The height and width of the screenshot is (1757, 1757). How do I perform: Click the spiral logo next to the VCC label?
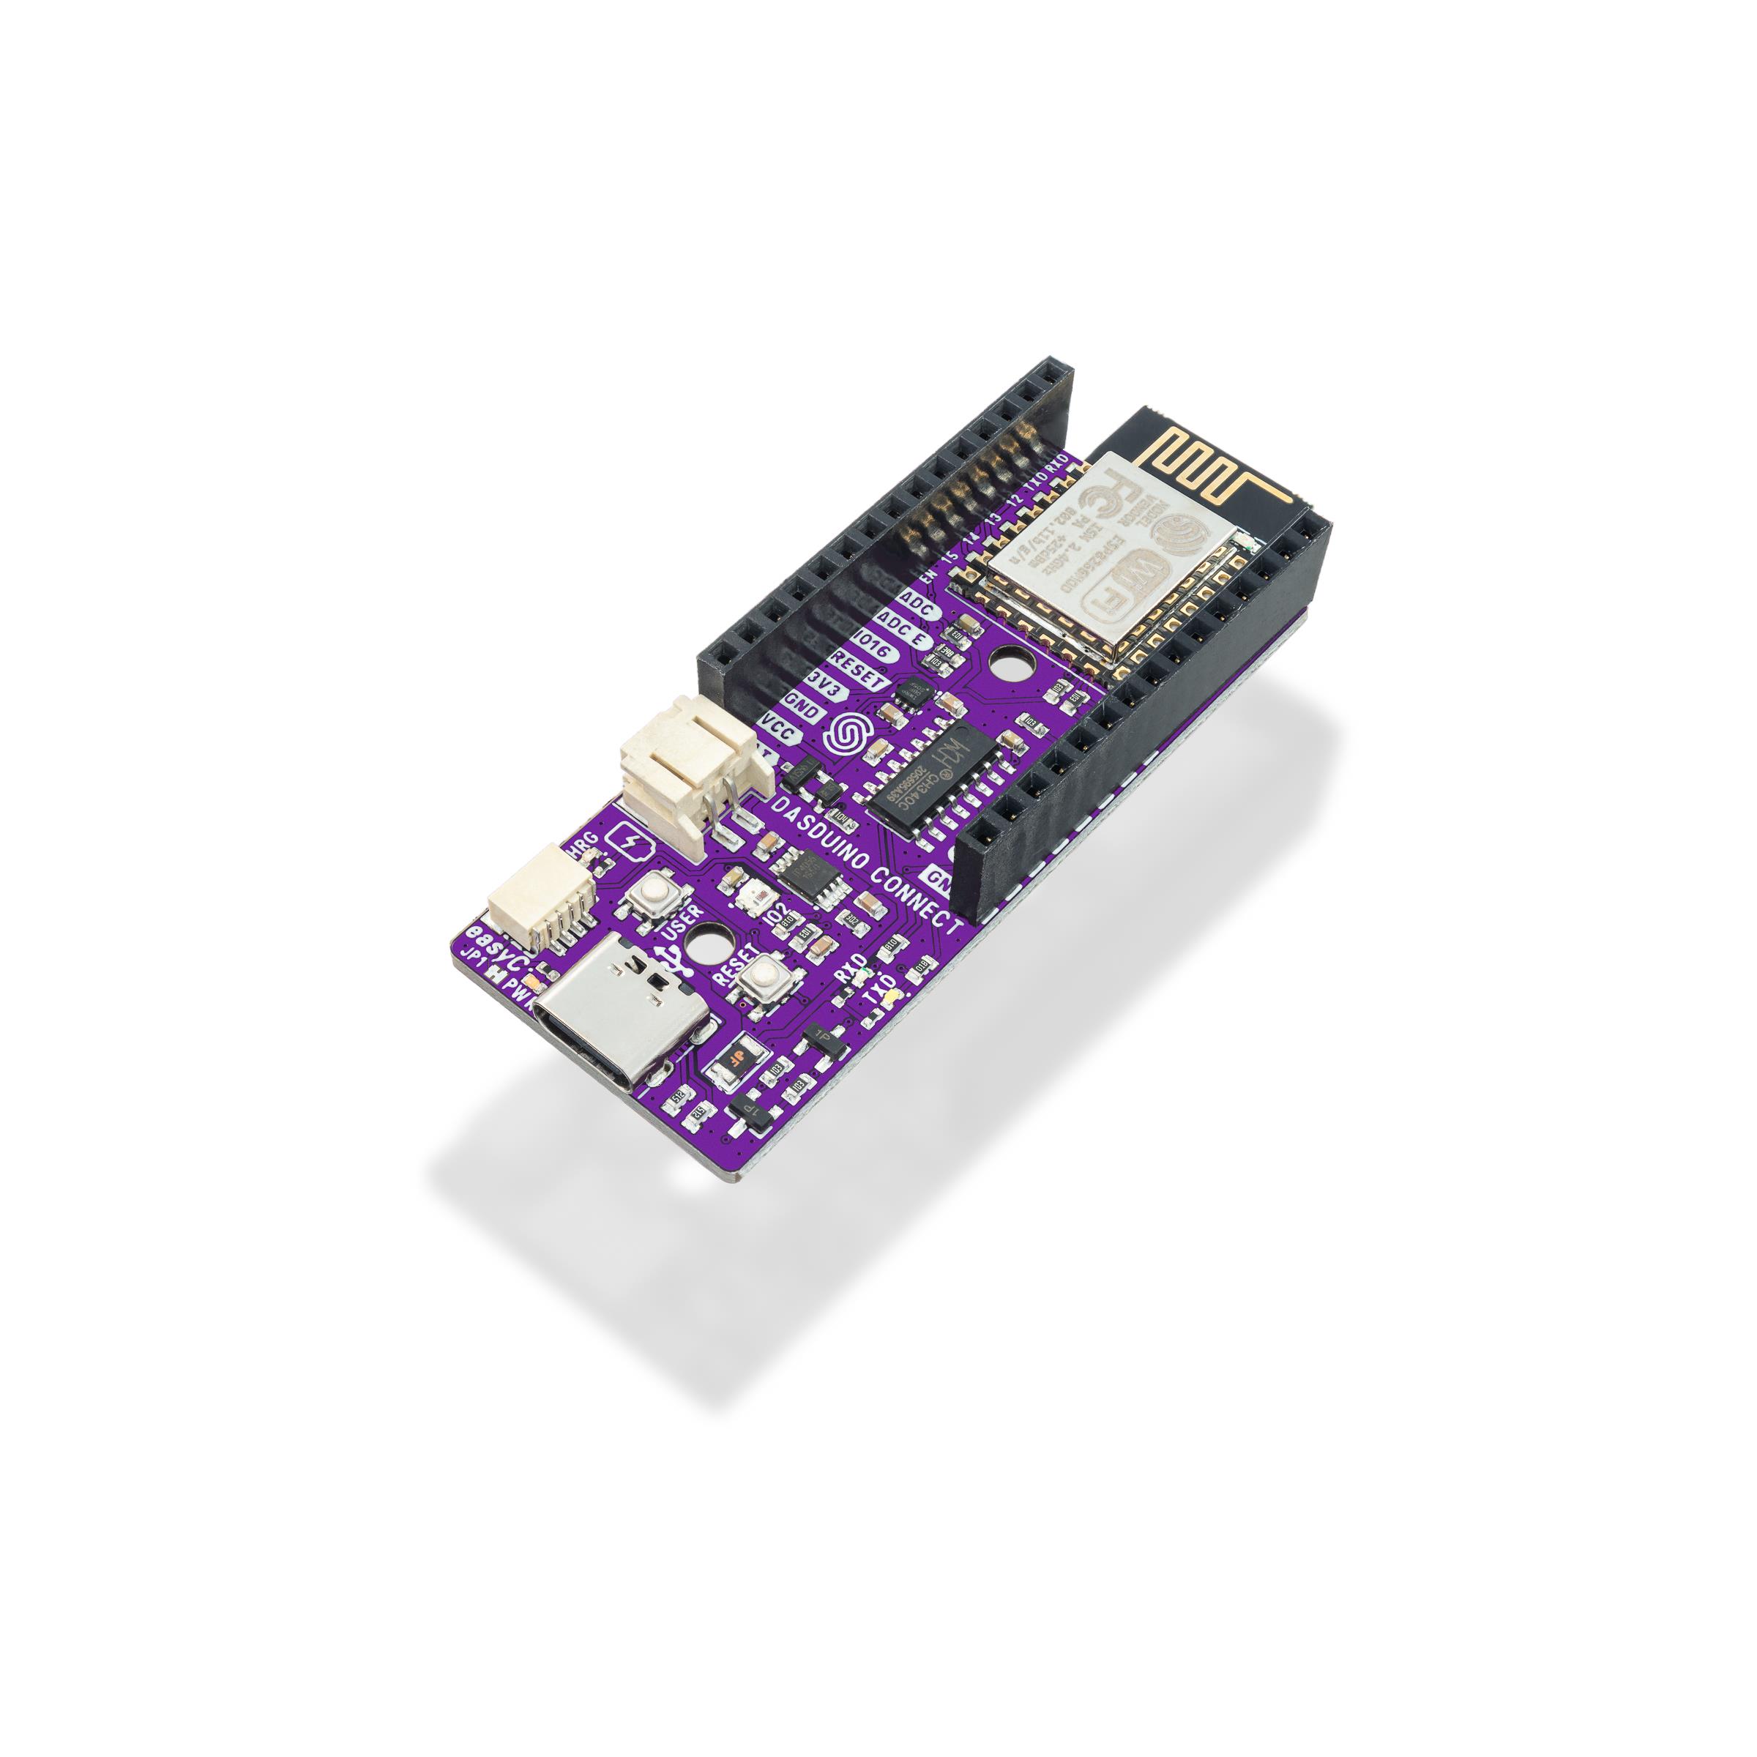[x=842, y=736]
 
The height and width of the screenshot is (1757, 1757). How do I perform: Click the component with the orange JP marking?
[x=732, y=1060]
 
